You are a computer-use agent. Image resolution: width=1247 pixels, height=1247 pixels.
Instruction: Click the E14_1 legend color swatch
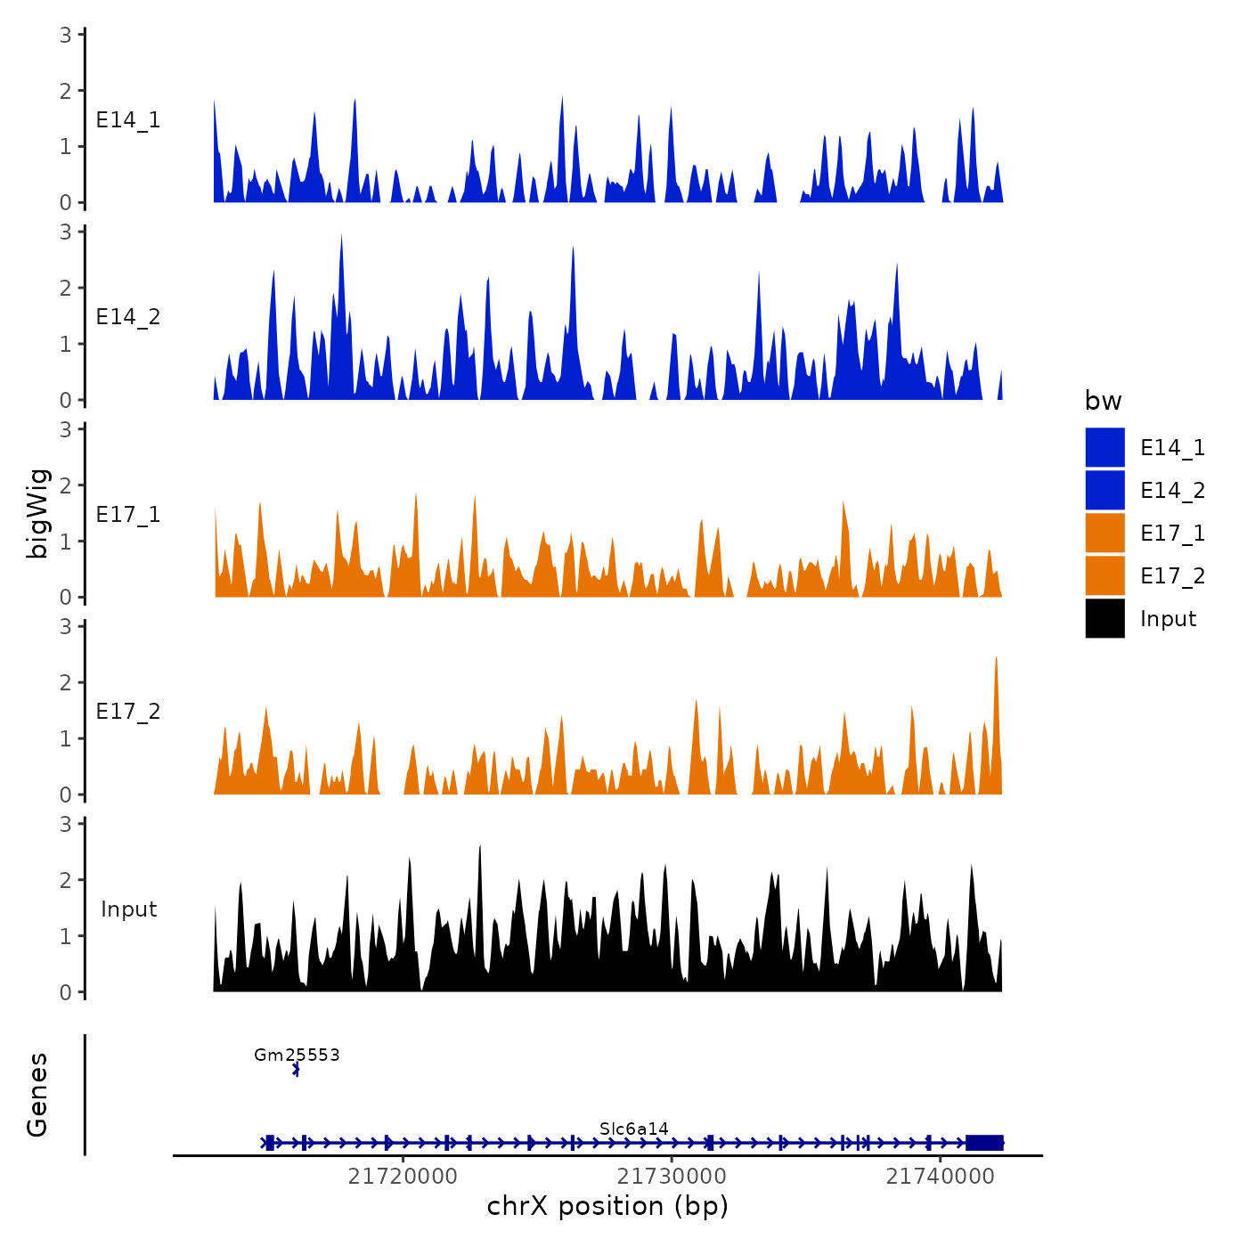tap(1104, 447)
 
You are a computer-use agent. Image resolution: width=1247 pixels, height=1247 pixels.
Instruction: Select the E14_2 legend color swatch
tap(1104, 490)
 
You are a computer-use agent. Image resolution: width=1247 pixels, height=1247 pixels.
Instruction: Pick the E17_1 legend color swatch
tap(1104, 533)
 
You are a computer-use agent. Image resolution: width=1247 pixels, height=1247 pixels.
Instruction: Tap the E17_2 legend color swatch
tap(1104, 575)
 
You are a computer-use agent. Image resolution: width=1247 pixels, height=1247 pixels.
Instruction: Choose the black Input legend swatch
tap(1104, 618)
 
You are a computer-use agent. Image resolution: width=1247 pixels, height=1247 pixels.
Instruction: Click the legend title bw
tap(1103, 401)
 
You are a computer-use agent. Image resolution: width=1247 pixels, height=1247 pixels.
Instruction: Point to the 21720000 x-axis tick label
tap(403, 1177)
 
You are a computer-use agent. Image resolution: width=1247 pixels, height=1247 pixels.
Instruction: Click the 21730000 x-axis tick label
tap(672, 1177)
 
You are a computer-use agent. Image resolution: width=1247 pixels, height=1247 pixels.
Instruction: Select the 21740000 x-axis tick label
tap(940, 1177)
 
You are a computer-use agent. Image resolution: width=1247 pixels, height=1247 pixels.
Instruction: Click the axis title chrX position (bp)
tap(607, 1206)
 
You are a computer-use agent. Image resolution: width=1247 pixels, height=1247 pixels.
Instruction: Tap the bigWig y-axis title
tap(37, 513)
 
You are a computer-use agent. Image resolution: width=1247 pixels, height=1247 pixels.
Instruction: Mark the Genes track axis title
tap(37, 1095)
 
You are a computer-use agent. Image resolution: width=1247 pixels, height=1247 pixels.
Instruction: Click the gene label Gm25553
tap(297, 1055)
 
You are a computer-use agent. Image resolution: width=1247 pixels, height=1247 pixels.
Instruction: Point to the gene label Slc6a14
tap(634, 1129)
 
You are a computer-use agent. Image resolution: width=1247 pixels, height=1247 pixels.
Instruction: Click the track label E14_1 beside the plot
tap(128, 120)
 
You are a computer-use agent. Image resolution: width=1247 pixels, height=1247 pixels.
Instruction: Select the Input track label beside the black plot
tap(128, 909)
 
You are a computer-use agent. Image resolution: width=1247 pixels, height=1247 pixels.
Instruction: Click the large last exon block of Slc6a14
tap(984, 1143)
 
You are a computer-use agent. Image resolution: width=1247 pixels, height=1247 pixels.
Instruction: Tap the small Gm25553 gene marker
tap(296, 1070)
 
